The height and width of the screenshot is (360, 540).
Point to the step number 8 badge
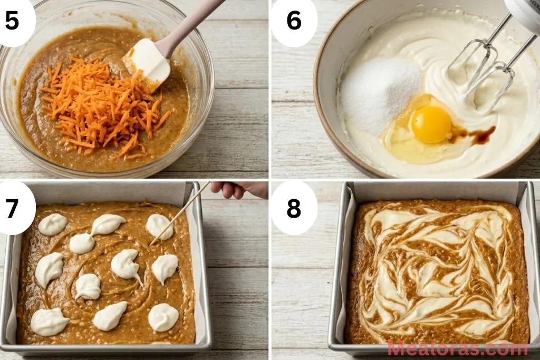pyautogui.click(x=294, y=208)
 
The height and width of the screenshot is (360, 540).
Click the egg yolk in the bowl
pyautogui.click(x=431, y=124)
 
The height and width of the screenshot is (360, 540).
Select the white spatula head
pyautogui.click(x=146, y=64)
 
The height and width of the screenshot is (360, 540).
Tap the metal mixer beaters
pyautogui.click(x=483, y=66)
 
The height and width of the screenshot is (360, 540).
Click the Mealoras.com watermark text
pyautogui.click(x=457, y=348)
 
